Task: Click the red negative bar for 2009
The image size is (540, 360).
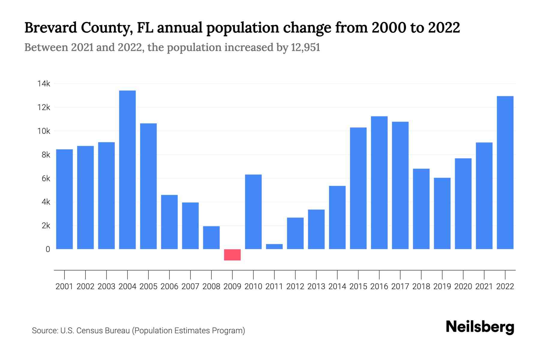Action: click(232, 255)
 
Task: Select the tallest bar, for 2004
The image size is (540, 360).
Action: click(127, 170)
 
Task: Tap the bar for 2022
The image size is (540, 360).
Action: click(505, 172)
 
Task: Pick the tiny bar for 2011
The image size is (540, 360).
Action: click(274, 247)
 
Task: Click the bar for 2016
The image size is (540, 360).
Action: click(379, 183)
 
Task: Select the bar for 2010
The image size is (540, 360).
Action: click(253, 212)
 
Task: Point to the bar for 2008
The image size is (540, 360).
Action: click(211, 238)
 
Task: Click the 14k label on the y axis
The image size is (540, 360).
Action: click(44, 84)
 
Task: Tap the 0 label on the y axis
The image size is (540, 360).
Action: click(48, 249)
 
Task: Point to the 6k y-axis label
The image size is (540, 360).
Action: click(46, 178)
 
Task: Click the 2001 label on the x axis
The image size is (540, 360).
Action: click(64, 286)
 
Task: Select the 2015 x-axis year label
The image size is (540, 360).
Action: click(358, 286)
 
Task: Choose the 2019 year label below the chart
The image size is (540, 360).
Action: click(442, 286)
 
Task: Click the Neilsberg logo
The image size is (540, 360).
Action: click(480, 327)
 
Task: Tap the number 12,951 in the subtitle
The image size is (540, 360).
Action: click(305, 47)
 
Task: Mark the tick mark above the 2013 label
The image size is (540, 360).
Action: click(316, 274)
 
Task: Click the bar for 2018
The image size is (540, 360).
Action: click(421, 209)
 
